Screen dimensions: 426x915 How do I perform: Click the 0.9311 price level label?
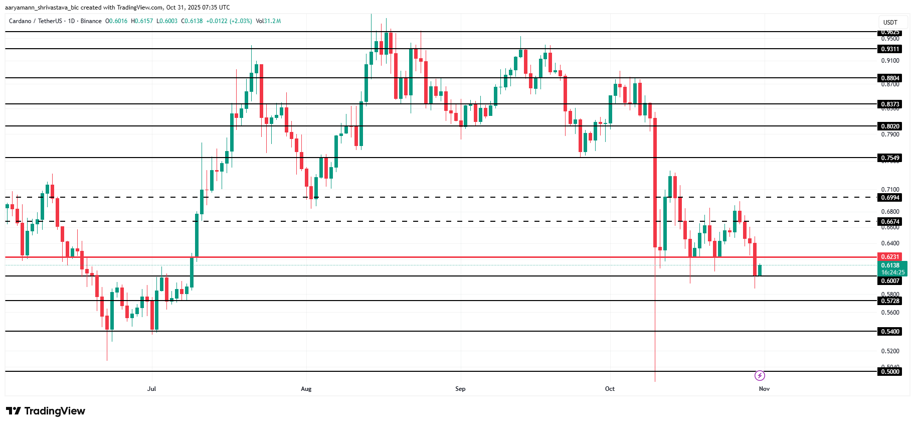coord(890,49)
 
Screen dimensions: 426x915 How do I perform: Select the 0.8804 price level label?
coord(890,78)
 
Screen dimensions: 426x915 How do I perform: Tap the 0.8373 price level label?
coord(890,104)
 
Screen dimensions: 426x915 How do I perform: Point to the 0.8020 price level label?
coord(890,126)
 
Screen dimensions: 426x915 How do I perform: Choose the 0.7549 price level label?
coord(890,158)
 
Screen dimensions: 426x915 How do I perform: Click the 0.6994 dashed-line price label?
coord(890,198)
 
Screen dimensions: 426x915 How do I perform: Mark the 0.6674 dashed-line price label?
coord(890,221)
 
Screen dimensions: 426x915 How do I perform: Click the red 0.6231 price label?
coord(890,257)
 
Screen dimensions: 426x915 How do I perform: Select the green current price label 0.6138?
coord(891,265)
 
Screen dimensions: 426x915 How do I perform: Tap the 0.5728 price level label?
coord(890,301)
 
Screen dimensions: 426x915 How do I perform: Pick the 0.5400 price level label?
coord(890,332)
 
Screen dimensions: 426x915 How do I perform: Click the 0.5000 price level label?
coord(890,372)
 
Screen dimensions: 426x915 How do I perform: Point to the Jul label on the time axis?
coord(151,389)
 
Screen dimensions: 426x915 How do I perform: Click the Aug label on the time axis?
coord(306,389)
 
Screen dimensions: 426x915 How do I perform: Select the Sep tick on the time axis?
coord(460,389)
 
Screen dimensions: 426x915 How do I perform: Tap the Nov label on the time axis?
coord(764,389)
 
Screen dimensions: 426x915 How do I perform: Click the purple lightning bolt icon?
coord(760,375)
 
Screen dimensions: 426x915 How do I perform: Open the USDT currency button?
coord(890,22)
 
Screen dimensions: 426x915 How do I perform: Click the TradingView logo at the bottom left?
coord(46,411)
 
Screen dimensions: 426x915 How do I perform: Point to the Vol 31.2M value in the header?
coord(268,21)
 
